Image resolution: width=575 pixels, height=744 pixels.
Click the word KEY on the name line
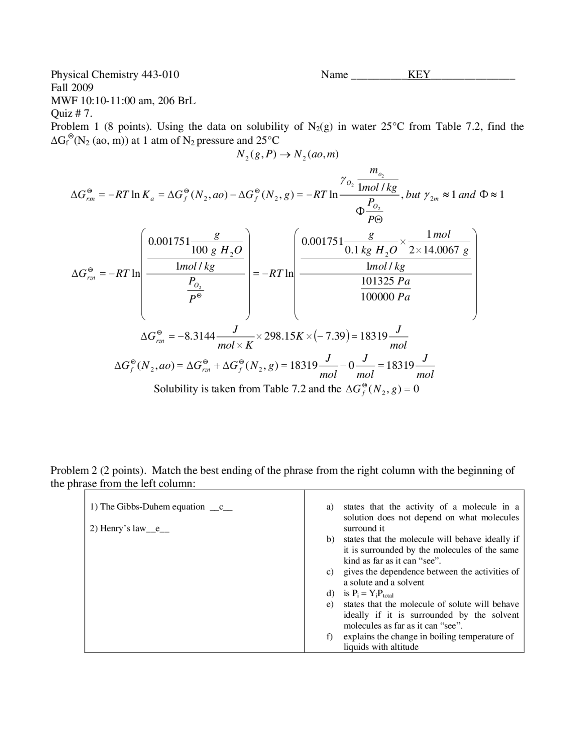click(419, 75)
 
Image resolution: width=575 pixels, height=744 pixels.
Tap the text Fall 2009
click(72, 88)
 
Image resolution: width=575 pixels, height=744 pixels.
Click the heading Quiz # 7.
click(71, 114)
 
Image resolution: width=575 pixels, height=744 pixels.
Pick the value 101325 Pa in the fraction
click(385, 282)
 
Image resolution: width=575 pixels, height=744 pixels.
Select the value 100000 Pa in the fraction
click(385, 297)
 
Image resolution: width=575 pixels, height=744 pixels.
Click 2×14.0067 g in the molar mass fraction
click(439, 250)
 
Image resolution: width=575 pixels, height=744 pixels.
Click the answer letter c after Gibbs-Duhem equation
click(221, 507)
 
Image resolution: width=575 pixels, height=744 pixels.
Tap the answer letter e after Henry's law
click(158, 528)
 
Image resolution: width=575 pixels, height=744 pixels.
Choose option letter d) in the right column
click(330, 593)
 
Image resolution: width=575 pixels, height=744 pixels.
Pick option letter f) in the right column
click(330, 637)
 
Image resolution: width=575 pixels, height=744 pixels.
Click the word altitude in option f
click(404, 647)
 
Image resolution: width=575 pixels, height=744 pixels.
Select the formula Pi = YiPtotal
click(368, 594)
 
